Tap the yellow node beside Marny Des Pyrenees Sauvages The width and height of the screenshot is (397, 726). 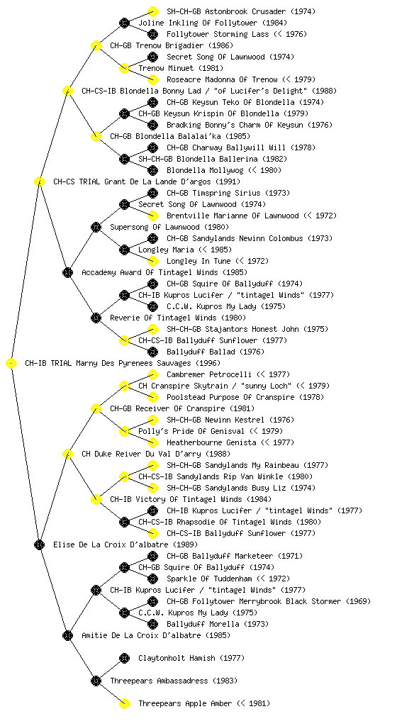tap(11, 363)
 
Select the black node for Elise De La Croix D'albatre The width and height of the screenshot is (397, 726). tap(39, 544)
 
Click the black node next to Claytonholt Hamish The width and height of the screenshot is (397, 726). tap(124, 658)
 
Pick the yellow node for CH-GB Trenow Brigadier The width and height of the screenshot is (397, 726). tap(96, 45)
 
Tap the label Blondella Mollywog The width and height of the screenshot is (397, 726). tap(205, 170)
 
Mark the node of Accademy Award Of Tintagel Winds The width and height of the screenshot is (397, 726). tap(67, 272)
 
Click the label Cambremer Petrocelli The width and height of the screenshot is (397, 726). tap(209, 374)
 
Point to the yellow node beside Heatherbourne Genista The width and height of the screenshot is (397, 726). tap(152, 442)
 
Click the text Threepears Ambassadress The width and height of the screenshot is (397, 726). tap(160, 681)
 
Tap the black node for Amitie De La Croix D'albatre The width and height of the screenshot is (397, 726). tap(67, 635)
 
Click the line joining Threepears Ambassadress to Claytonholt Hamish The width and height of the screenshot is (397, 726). tap(110, 669)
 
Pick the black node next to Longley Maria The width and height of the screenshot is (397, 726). tap(124, 250)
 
